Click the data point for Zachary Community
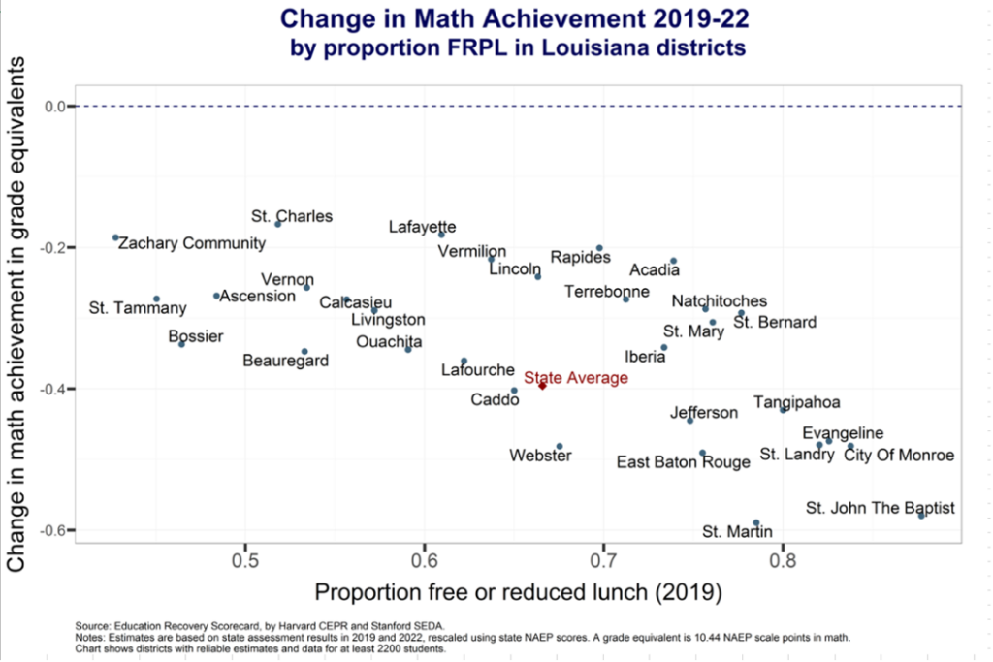(115, 237)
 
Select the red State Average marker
(542, 386)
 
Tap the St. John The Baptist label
(881, 508)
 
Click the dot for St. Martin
(756, 523)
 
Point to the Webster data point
(560, 447)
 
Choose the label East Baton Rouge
(684, 462)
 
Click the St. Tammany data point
(156, 299)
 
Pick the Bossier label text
(196, 337)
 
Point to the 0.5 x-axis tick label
(246, 561)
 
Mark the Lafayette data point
(441, 234)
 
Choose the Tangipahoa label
(797, 402)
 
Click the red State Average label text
(576, 378)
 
